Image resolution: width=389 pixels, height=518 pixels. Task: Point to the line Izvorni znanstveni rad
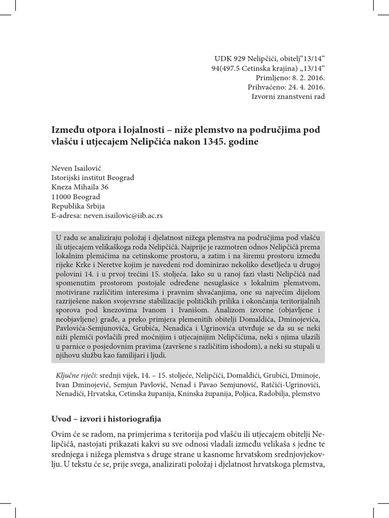pos(288,96)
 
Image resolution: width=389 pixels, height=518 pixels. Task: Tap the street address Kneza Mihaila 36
pos(80,187)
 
